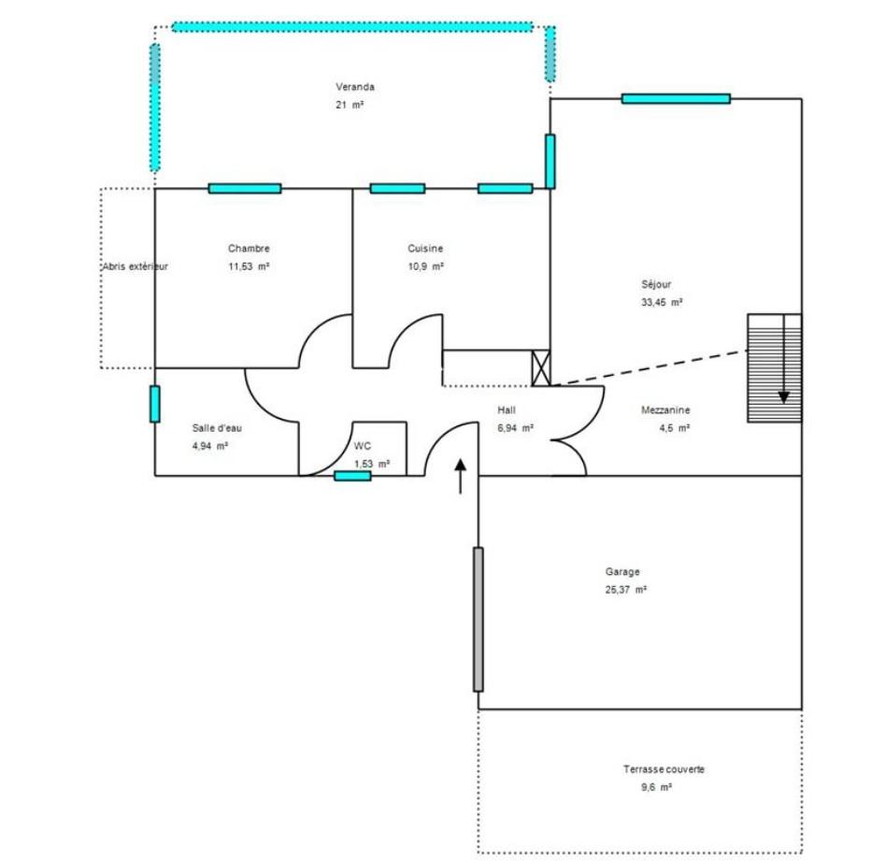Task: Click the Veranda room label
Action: [x=355, y=87]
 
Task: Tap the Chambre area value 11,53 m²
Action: [x=249, y=266]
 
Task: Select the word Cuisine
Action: [x=425, y=249]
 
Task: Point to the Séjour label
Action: [x=656, y=284]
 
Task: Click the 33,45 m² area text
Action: [x=662, y=302]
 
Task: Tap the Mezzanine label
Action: [x=665, y=410]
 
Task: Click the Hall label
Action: [x=507, y=410]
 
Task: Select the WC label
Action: [x=363, y=446]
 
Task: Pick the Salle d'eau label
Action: [x=217, y=428]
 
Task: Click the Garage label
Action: [x=622, y=571]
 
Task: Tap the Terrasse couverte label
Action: [x=664, y=769]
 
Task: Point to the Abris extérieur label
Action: [x=135, y=266]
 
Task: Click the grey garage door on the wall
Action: [x=478, y=619]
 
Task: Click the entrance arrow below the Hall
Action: [x=461, y=477]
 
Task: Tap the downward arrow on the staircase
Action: [x=784, y=359]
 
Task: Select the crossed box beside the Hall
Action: [x=541, y=368]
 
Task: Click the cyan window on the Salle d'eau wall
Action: [x=155, y=404]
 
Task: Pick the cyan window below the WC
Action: [x=352, y=476]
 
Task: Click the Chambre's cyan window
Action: [x=245, y=189]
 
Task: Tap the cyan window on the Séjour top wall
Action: [x=676, y=99]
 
